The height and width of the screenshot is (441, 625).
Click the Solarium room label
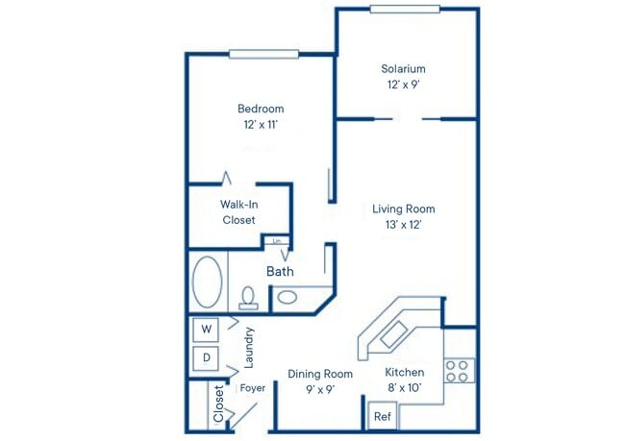(x=402, y=69)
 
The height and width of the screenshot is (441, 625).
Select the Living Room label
(x=403, y=208)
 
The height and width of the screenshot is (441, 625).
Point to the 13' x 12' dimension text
(x=403, y=224)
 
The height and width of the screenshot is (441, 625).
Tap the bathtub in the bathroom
(x=208, y=282)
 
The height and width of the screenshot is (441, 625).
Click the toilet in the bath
(x=248, y=299)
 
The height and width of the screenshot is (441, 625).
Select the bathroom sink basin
(x=287, y=298)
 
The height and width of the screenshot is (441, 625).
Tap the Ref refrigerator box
(x=382, y=417)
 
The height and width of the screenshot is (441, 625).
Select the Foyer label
(x=253, y=389)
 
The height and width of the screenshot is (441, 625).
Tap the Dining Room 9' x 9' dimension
(x=320, y=389)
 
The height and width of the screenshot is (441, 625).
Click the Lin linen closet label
(x=277, y=241)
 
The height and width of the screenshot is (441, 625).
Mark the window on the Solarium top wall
(x=405, y=10)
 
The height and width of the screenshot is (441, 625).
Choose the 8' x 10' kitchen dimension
(x=404, y=389)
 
